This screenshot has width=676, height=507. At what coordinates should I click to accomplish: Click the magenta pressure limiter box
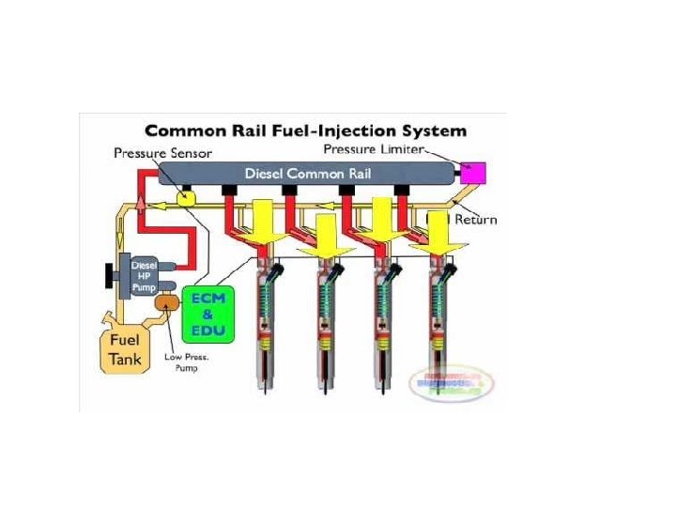(x=471, y=173)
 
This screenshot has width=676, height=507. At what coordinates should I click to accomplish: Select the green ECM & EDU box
(x=208, y=312)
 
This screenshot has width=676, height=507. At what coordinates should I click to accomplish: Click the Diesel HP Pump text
(x=143, y=274)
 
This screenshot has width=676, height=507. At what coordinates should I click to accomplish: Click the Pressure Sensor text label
(x=162, y=152)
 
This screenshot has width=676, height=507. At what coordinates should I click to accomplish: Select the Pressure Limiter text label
(x=374, y=149)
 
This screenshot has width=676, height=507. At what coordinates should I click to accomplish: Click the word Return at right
(x=476, y=220)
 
